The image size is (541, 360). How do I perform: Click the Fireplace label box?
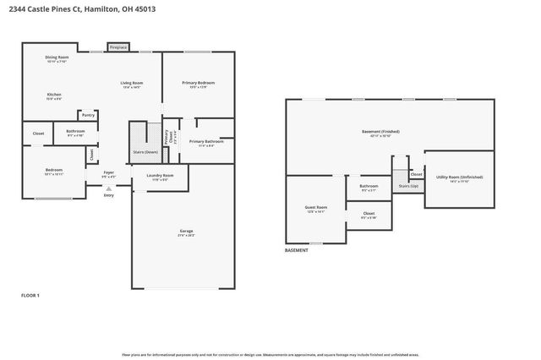point(117,47)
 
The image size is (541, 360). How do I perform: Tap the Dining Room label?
point(57,59)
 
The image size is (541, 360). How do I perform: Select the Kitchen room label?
point(54,96)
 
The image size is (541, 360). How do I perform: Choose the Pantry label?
point(88,115)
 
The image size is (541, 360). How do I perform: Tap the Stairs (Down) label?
point(145,152)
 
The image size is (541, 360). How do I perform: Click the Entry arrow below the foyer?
point(108,189)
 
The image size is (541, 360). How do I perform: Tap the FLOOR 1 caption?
point(30,295)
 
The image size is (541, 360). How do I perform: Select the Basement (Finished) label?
point(380,133)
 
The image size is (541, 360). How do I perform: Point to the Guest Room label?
point(316,208)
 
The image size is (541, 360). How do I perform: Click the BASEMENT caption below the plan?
point(296,251)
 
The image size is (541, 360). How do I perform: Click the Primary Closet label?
point(168,134)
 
